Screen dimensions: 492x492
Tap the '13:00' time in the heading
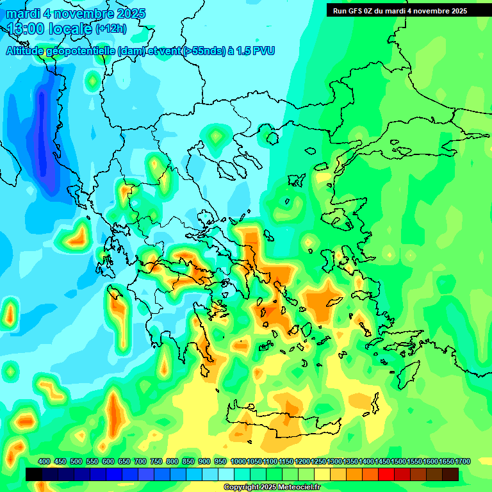tap(26, 29)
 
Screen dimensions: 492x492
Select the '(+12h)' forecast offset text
tap(111, 29)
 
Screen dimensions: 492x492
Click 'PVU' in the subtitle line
tap(261, 51)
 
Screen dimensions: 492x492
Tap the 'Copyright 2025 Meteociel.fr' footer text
tap(272, 487)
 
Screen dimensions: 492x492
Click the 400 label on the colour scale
tap(44, 461)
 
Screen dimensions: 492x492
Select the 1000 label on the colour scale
tap(238, 461)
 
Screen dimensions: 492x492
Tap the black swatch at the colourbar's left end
tap(34, 474)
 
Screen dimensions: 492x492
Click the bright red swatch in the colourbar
tap(386, 474)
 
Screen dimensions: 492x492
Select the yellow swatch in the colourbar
tap(322, 474)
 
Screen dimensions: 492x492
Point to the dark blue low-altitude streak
tap(44, 135)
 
